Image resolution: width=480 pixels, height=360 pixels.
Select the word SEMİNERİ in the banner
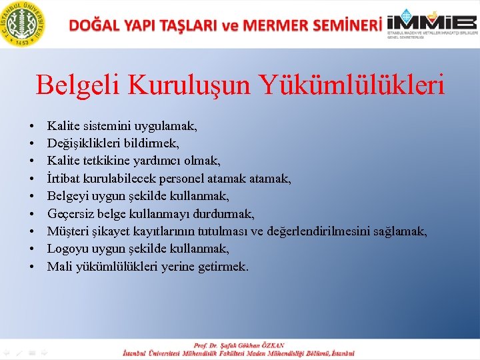(345, 25)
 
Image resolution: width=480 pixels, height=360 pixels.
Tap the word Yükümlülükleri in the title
(353, 85)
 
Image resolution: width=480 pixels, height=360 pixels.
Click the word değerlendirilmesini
(316, 231)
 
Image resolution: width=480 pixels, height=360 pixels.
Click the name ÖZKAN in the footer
(270, 345)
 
